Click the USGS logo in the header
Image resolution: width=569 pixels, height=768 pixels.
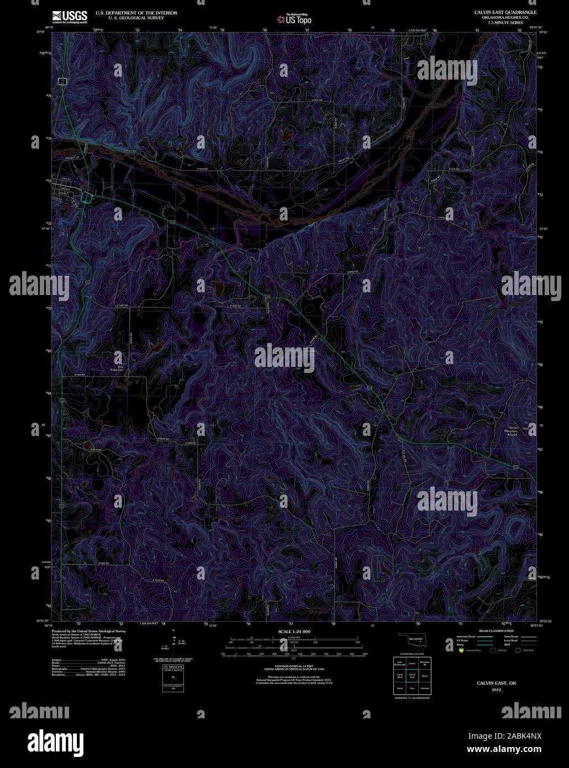pyautogui.click(x=70, y=17)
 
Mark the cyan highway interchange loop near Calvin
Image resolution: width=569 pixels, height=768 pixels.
pyautogui.click(x=85, y=198)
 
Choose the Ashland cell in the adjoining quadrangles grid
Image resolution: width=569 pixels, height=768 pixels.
pyautogui.click(x=424, y=688)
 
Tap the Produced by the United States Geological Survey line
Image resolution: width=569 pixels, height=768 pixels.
pyautogui.click(x=88, y=631)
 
